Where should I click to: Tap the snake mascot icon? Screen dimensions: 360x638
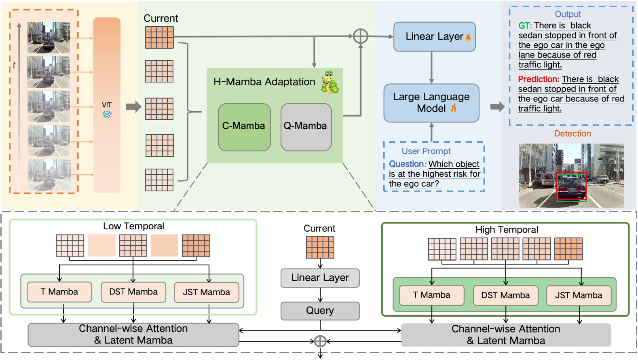[x=330, y=82]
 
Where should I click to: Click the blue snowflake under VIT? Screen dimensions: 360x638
[x=107, y=114]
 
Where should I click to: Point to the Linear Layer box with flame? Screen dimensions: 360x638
[x=434, y=37]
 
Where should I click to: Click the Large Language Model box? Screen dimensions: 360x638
[x=431, y=103]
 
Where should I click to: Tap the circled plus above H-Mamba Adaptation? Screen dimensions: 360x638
[x=360, y=36]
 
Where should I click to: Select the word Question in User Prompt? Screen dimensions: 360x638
[x=406, y=164]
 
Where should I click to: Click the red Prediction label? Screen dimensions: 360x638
[x=539, y=79]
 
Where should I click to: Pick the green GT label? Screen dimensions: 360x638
[x=525, y=26]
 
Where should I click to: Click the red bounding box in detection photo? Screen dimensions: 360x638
[x=571, y=186]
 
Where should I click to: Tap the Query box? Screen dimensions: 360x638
[x=320, y=311]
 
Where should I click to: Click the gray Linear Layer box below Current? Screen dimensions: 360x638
[x=320, y=278]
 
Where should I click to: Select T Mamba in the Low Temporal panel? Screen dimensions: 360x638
[x=59, y=292]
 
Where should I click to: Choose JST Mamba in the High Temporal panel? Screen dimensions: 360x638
[x=578, y=295]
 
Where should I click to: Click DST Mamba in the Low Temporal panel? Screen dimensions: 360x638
[x=133, y=292]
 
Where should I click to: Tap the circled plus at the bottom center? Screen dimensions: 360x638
[x=320, y=341]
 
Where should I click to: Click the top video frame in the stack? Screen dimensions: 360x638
[x=49, y=38]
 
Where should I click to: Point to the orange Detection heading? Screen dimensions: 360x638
[x=572, y=133]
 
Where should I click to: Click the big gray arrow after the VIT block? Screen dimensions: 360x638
[x=133, y=107]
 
